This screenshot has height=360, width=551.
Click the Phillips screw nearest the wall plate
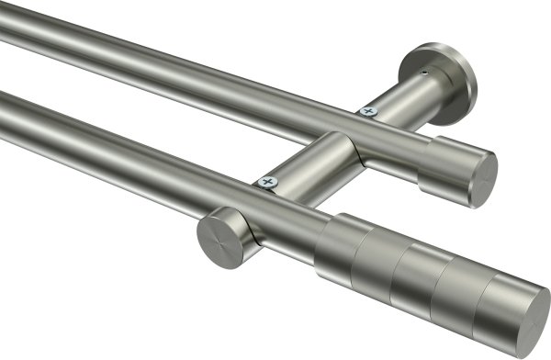[x=368, y=110]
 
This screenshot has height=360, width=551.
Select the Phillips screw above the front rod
[x=269, y=183]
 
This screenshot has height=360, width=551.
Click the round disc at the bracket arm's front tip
[x=218, y=237]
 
